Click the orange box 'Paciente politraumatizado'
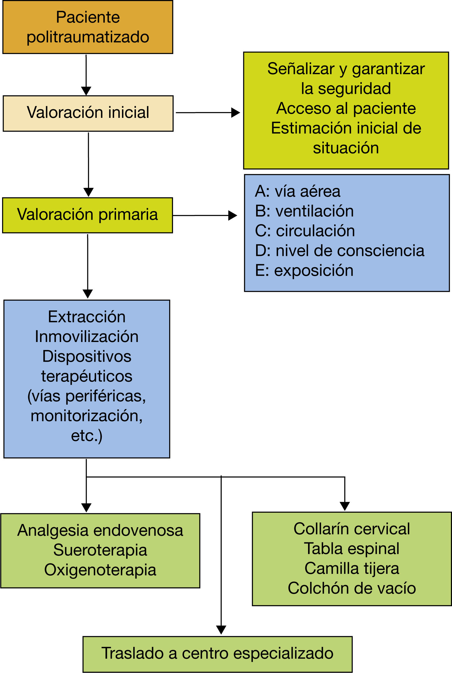click(88, 27)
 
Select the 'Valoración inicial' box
click(88, 113)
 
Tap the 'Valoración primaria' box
click(88, 215)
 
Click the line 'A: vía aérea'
click(298, 191)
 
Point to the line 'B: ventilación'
click(304, 211)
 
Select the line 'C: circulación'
click(305, 231)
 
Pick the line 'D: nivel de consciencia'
click(340, 251)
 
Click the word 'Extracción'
click(87, 317)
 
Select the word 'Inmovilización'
click(87, 337)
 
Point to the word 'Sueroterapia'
click(100, 550)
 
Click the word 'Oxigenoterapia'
click(100, 570)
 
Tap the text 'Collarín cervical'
click(352, 529)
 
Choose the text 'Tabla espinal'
click(352, 549)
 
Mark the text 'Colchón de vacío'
click(352, 588)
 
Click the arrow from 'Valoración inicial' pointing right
click(208, 113)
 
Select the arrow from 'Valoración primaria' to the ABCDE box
click(205, 215)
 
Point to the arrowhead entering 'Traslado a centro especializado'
click(221, 630)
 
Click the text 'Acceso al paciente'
click(346, 108)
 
